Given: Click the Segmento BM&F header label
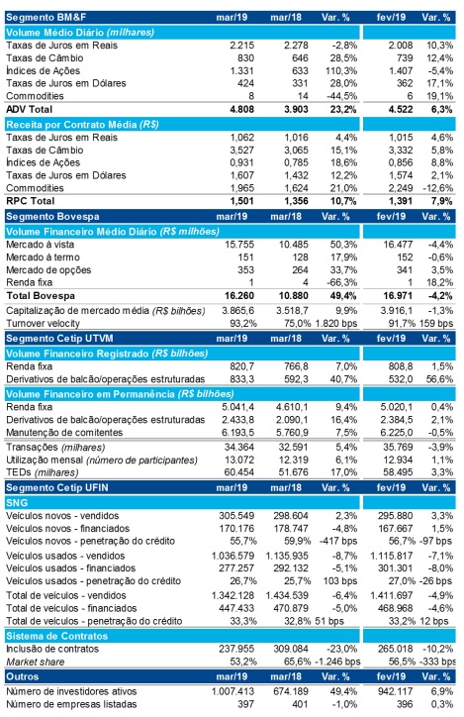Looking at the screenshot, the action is click(46, 18).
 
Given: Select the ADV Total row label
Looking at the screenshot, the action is click(30, 109).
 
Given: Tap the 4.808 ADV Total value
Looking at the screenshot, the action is click(241, 109).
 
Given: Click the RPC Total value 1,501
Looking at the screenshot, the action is click(241, 201).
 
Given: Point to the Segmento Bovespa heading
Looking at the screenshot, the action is click(52, 216).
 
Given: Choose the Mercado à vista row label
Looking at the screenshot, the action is click(41, 245).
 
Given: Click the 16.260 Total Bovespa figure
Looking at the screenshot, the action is click(239, 296).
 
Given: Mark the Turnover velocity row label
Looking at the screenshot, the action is click(43, 323).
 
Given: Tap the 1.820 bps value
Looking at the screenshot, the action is click(336, 323).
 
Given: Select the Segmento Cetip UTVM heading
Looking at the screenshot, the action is click(59, 339).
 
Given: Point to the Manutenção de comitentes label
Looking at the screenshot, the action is click(64, 432).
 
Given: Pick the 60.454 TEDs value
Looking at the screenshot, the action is click(239, 472).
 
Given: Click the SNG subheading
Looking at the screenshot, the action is click(17, 502).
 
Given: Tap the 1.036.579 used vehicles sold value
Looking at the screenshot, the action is click(232, 556).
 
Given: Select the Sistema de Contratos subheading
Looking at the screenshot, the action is click(57, 636).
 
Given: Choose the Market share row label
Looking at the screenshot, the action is click(36, 662).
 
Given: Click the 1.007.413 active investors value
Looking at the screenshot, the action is click(232, 691).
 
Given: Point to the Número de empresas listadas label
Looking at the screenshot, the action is click(71, 704).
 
